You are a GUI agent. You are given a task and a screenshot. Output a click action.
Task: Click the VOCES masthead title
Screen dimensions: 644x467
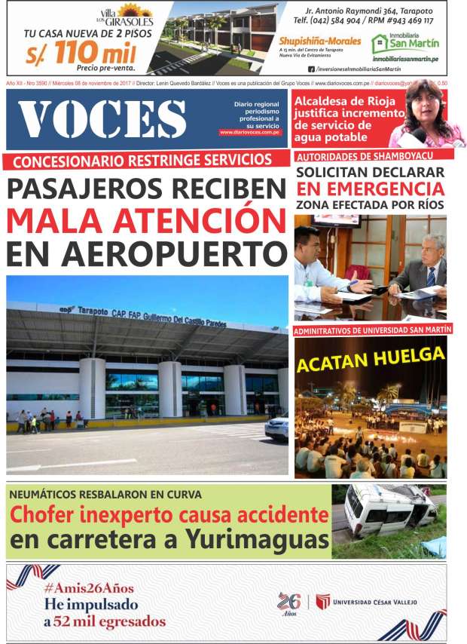(x=102, y=119)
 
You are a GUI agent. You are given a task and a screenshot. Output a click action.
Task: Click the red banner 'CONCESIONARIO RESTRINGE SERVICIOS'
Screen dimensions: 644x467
(x=142, y=160)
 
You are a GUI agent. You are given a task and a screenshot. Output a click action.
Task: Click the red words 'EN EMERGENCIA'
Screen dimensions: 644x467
(x=370, y=188)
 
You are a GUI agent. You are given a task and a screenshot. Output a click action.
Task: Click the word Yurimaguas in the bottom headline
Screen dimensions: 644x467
(x=258, y=541)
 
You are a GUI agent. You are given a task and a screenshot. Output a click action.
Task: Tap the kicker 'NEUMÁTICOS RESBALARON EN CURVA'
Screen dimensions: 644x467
(x=105, y=495)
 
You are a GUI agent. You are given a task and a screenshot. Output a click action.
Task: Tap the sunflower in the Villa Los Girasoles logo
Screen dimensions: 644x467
(x=136, y=10)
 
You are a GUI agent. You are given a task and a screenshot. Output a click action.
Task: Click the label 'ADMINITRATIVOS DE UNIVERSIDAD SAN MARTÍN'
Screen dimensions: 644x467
(x=372, y=330)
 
